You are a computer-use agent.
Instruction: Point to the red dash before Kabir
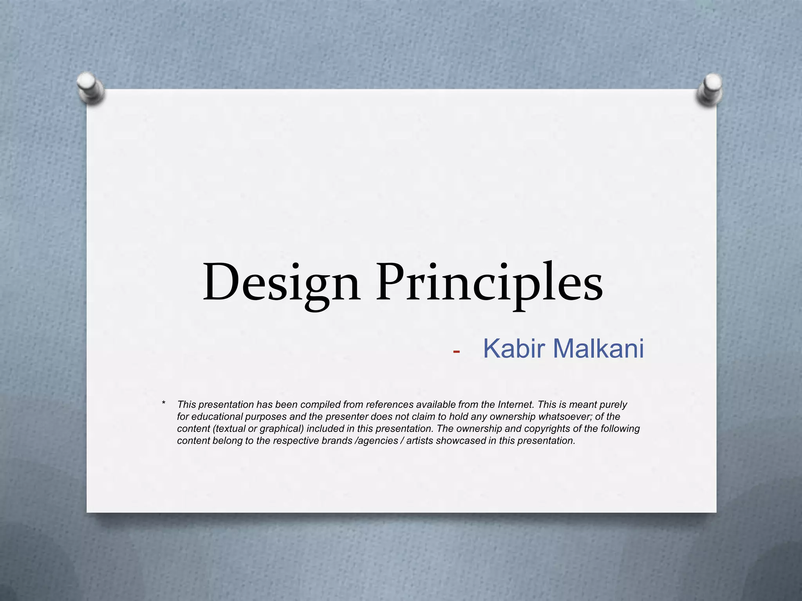(x=456, y=352)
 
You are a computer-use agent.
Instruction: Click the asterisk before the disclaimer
(x=164, y=403)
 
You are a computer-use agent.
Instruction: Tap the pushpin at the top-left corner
(x=90, y=87)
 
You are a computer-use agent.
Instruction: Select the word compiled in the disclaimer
(x=320, y=405)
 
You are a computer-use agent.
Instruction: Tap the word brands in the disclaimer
(x=337, y=441)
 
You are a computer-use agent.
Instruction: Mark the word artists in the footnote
(x=420, y=441)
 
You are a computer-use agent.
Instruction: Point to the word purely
(x=612, y=405)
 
